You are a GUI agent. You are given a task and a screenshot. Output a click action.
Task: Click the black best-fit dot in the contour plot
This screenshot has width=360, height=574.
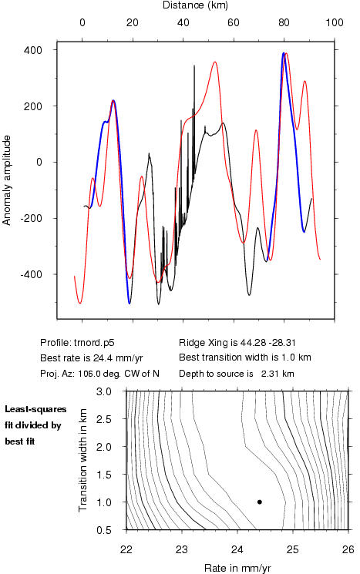point(260,502)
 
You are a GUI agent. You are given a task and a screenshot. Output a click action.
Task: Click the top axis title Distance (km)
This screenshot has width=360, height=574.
point(195,5)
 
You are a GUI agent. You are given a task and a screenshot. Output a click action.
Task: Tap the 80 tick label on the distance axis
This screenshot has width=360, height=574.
point(284,22)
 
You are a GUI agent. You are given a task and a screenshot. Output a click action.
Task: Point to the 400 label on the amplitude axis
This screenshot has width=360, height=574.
point(33,50)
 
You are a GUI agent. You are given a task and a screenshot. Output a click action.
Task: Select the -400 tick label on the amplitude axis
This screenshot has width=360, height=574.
point(31,274)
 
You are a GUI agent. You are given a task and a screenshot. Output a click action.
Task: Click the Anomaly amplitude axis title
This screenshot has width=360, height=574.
point(7,180)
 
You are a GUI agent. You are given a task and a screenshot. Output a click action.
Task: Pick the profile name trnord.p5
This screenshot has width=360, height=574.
point(94,343)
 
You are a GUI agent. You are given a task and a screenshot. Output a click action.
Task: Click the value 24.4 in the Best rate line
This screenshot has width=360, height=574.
point(96,358)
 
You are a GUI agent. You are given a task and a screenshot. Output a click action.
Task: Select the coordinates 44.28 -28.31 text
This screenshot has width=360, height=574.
point(268,343)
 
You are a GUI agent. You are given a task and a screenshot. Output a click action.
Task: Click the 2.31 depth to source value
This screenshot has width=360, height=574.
point(269,374)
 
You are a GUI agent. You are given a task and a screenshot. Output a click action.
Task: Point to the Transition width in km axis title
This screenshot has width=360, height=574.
point(83,460)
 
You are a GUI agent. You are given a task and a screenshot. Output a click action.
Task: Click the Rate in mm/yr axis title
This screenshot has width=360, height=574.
point(237,568)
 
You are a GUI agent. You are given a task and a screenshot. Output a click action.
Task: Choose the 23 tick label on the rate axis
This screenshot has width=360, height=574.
point(182,550)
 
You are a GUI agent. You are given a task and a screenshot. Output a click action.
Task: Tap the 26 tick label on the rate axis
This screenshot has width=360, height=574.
point(348,550)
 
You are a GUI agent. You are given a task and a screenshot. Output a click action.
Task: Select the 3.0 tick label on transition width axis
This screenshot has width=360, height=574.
point(104,391)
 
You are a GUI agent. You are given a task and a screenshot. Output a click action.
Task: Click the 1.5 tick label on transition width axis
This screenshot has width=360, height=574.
point(104,475)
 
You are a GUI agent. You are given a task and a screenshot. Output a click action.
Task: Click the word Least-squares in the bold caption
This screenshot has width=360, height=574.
point(35,410)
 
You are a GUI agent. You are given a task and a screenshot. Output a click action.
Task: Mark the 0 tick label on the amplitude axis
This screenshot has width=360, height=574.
point(39,162)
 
